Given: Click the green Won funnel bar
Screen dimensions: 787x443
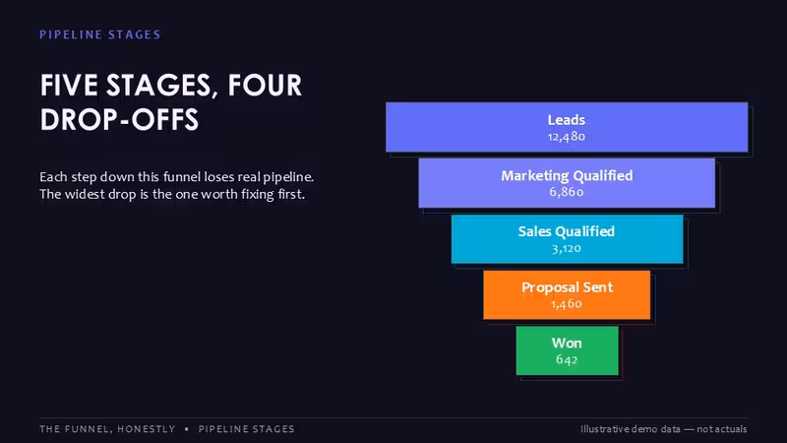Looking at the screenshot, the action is tap(568, 350).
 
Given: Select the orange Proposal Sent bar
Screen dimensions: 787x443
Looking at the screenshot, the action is tap(567, 294).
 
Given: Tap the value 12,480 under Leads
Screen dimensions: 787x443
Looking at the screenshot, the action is tap(567, 137).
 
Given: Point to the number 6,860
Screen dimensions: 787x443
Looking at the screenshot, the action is tap(567, 192).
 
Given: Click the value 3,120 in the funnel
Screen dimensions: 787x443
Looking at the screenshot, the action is tap(567, 248).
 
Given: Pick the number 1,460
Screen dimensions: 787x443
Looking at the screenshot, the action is tap(567, 304).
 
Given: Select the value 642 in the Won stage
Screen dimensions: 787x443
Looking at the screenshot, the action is tap(567, 359).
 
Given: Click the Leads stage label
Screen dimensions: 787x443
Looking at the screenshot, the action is tap(567, 120).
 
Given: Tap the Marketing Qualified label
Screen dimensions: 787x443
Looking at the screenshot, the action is tap(567, 176).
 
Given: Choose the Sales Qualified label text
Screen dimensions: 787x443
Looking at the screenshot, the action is tap(567, 231).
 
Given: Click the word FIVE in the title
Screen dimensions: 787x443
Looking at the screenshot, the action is tap(69, 85).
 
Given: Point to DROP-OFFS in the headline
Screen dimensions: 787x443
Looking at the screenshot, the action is tap(119, 119).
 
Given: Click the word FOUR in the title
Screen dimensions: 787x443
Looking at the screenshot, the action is tap(265, 85).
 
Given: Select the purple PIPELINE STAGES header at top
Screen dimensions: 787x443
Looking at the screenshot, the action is tap(100, 34).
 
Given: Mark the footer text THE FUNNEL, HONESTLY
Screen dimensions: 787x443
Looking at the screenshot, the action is tap(107, 429).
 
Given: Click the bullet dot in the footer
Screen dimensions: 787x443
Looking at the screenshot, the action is tap(187, 429).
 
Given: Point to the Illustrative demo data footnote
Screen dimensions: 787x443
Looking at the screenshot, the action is tap(663, 429).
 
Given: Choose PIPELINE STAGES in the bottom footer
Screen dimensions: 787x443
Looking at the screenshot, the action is tap(247, 429).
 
